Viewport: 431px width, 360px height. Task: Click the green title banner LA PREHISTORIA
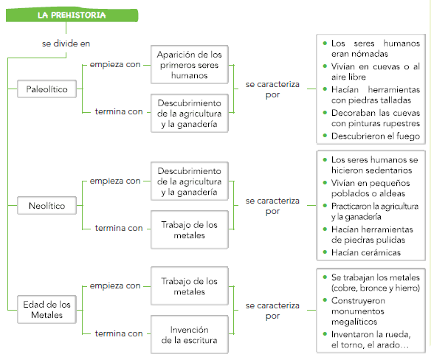(72, 15)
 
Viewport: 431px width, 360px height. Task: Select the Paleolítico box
(46, 89)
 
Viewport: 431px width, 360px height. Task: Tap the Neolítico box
(46, 206)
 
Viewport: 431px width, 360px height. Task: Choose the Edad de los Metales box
(46, 310)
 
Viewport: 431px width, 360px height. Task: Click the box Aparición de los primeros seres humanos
(190, 65)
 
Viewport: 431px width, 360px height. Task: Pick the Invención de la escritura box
(190, 335)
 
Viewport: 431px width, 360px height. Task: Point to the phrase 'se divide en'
(66, 44)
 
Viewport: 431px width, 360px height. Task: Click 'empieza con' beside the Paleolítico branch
(115, 65)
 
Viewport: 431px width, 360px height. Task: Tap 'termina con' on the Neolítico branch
(119, 228)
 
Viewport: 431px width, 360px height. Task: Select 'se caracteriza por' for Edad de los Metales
(272, 311)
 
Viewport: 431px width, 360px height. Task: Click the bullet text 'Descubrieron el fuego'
(376, 136)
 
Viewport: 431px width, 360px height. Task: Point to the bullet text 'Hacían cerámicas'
(366, 252)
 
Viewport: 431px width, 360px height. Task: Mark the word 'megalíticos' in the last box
(354, 322)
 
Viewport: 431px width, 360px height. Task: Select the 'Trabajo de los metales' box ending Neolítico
(190, 229)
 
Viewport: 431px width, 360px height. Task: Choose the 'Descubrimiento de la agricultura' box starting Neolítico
(190, 181)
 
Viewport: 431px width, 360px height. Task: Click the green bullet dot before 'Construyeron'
(325, 300)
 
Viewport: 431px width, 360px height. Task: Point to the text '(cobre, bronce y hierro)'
(376, 288)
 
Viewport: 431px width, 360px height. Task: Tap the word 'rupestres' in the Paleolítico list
(402, 124)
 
